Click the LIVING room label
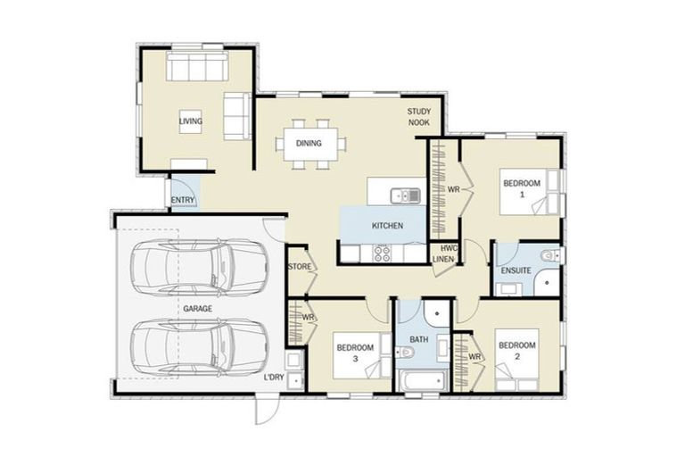(190, 121)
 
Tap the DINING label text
(309, 142)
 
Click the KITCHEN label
(386, 226)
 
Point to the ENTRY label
(183, 200)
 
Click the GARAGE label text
(197, 308)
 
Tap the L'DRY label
(274, 379)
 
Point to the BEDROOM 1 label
(521, 188)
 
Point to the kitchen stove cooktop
(382, 253)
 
